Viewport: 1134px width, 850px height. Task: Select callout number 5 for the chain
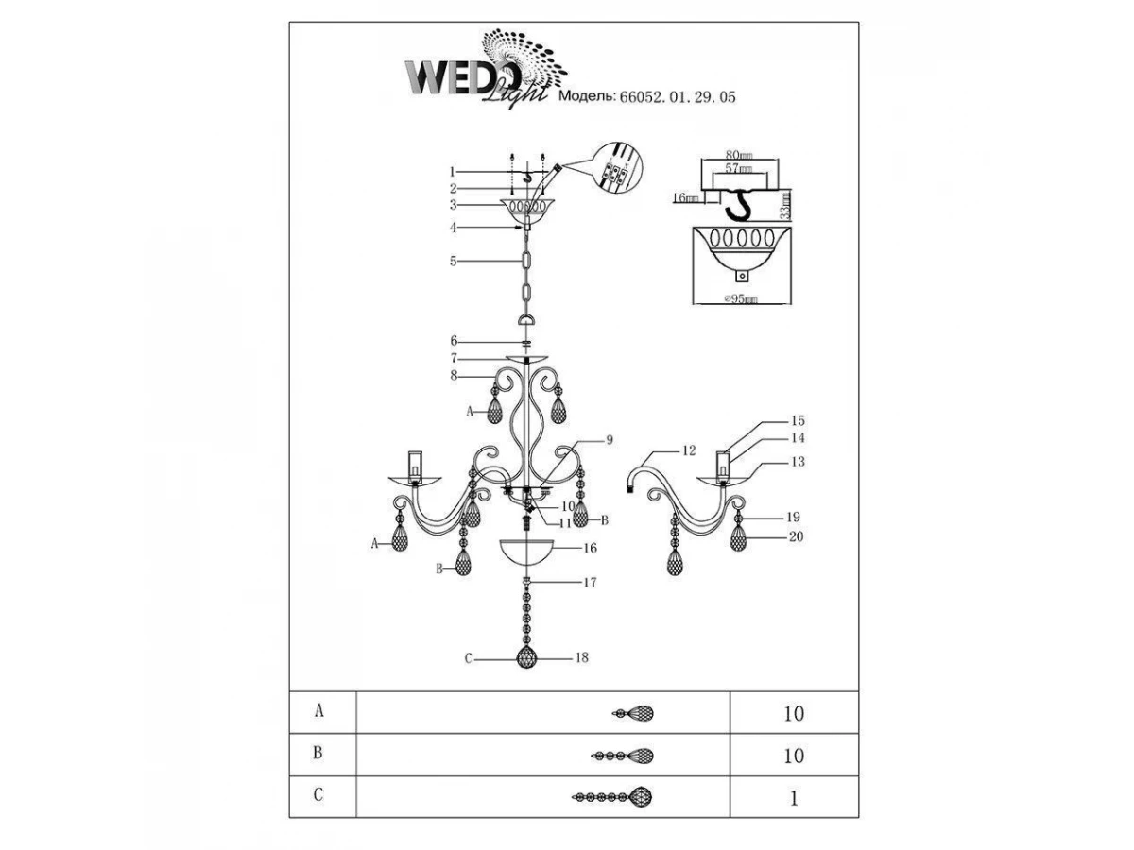pyautogui.click(x=454, y=261)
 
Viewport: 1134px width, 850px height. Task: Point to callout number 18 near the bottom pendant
pyautogui.click(x=582, y=657)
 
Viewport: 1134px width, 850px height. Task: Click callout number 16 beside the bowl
pyautogui.click(x=591, y=547)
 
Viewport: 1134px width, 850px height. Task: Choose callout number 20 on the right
pyautogui.click(x=794, y=536)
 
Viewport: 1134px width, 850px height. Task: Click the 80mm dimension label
pyautogui.click(x=739, y=156)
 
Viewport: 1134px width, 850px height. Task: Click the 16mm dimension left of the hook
pyautogui.click(x=686, y=199)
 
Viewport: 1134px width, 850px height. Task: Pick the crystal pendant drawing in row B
pyautogui.click(x=623, y=756)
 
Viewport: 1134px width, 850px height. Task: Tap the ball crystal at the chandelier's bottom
pyautogui.click(x=527, y=657)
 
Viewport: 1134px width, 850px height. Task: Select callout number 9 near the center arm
pyautogui.click(x=610, y=439)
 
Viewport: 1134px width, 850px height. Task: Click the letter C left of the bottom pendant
pyautogui.click(x=468, y=658)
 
